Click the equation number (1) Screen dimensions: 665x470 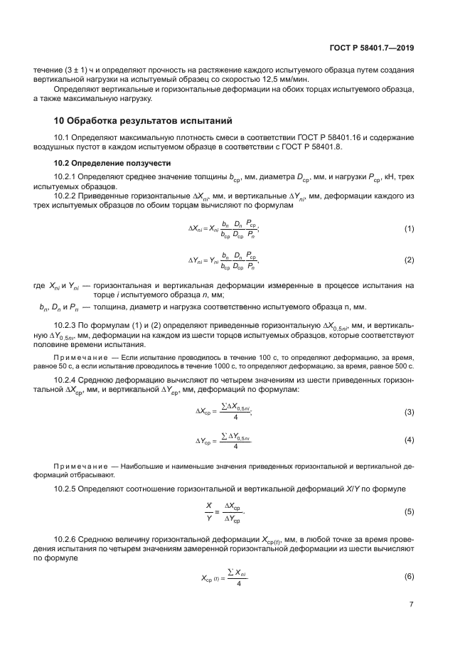(x=409, y=228)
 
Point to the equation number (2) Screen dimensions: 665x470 (x=409, y=260)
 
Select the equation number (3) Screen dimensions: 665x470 (x=409, y=413)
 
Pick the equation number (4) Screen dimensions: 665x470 (x=409, y=440)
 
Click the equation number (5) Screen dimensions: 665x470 (x=409, y=511)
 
